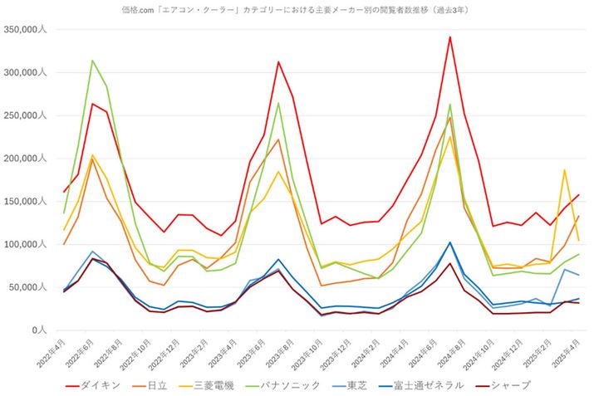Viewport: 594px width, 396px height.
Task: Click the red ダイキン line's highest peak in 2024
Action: click(449, 37)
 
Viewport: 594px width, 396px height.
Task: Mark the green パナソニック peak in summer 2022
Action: click(92, 61)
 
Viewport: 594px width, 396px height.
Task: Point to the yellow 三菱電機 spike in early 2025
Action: click(564, 170)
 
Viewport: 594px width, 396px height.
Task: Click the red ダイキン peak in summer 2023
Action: click(278, 62)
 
